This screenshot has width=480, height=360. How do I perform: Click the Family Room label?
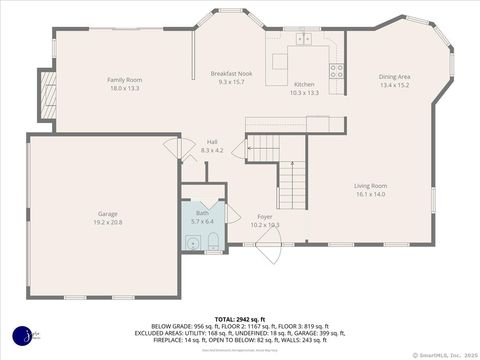tap(125, 79)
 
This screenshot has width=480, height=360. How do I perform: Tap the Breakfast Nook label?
tap(230, 74)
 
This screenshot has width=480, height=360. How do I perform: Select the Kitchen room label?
tap(304, 84)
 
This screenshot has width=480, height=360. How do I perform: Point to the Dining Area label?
tap(394, 76)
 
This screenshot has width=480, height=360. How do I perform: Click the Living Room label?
tap(370, 185)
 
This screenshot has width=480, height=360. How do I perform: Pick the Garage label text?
tap(108, 213)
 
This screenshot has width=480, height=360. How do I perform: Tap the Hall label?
tap(212, 142)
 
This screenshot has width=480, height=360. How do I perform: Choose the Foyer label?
tap(265, 216)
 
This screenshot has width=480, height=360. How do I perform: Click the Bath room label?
tap(203, 213)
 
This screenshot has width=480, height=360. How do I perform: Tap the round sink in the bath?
tap(192, 240)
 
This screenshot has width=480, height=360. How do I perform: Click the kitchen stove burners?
tap(337, 71)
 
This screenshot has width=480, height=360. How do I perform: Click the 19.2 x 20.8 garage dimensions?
tap(108, 222)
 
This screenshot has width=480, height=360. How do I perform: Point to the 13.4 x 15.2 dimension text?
tap(394, 85)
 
